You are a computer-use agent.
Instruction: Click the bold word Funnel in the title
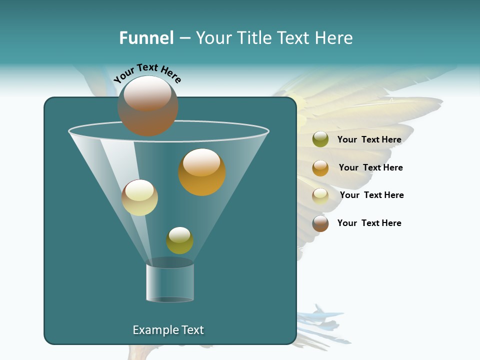[146, 38]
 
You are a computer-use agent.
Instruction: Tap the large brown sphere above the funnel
[148, 106]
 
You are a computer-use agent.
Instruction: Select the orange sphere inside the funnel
[202, 172]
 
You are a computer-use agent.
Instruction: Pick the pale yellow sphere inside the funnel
[140, 197]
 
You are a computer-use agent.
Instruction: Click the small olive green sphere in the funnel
[179, 240]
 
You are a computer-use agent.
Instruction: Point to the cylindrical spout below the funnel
[170, 282]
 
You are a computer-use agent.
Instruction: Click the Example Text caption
[168, 330]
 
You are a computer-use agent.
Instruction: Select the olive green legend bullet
[320, 139]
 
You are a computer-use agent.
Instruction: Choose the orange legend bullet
[320, 168]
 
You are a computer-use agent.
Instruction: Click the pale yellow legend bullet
[320, 196]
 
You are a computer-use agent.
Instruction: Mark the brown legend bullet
[320, 223]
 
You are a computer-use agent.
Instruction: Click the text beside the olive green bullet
[369, 139]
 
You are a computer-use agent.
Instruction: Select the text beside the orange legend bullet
[370, 167]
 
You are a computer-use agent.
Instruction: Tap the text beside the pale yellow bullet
[371, 195]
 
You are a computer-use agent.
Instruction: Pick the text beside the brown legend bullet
[369, 223]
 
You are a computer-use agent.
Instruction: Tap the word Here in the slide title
[334, 38]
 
